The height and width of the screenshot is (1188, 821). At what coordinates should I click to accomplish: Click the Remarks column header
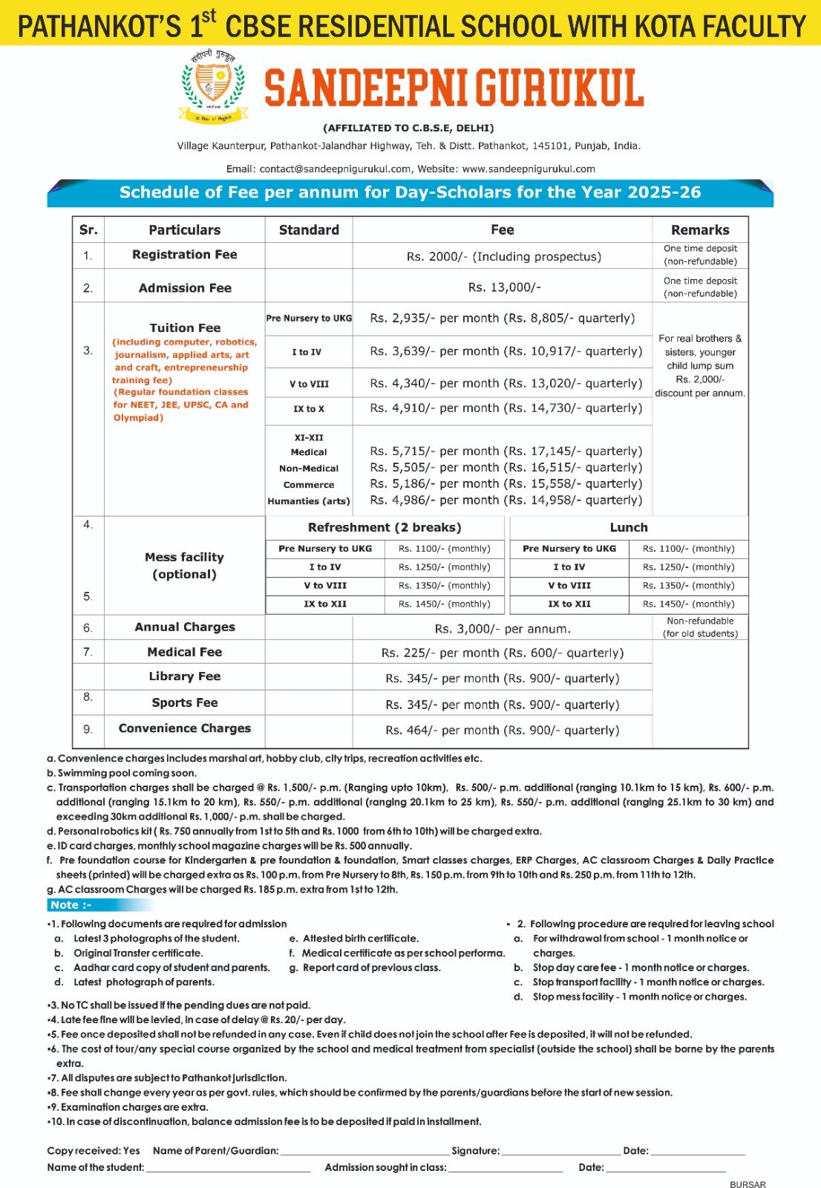click(700, 230)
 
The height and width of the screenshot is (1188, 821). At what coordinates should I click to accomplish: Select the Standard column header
click(309, 230)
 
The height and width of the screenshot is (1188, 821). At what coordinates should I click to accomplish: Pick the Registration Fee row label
click(185, 255)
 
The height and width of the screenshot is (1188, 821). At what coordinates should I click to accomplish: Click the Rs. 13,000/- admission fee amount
click(504, 287)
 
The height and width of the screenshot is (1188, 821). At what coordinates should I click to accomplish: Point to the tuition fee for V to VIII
click(506, 383)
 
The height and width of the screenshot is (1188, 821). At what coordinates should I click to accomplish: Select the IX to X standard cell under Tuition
click(309, 408)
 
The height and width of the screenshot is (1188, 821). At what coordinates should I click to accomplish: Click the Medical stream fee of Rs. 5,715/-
click(506, 451)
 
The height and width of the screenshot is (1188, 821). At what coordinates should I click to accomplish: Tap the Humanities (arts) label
click(309, 501)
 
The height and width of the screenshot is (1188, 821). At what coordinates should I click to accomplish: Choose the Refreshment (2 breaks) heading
click(385, 527)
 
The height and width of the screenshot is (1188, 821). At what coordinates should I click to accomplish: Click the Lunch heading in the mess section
click(629, 527)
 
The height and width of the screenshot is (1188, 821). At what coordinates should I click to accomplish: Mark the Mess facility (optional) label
click(184, 565)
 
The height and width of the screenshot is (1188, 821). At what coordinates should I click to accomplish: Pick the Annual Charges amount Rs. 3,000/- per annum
click(503, 629)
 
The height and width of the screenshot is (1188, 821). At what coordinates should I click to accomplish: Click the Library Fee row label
click(185, 676)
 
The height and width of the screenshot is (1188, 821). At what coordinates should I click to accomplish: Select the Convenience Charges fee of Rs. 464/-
click(502, 731)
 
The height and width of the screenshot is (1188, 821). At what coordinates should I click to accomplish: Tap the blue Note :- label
click(71, 905)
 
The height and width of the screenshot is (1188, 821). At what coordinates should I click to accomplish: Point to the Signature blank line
click(561, 1152)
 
